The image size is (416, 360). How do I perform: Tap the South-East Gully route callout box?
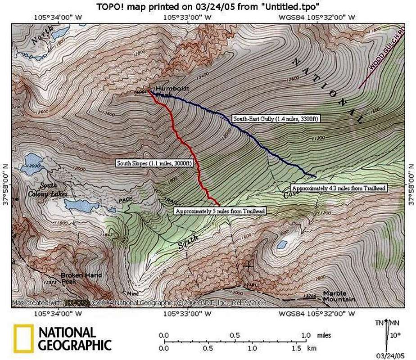coord(276,119)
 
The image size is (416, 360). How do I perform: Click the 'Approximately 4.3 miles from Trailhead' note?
coord(339,188)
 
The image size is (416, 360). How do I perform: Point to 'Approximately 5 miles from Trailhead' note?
coord(220,211)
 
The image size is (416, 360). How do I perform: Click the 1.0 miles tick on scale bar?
coord(306,335)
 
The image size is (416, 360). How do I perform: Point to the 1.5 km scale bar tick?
coord(296,348)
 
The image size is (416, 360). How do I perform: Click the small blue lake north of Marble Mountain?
coord(282,244)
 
